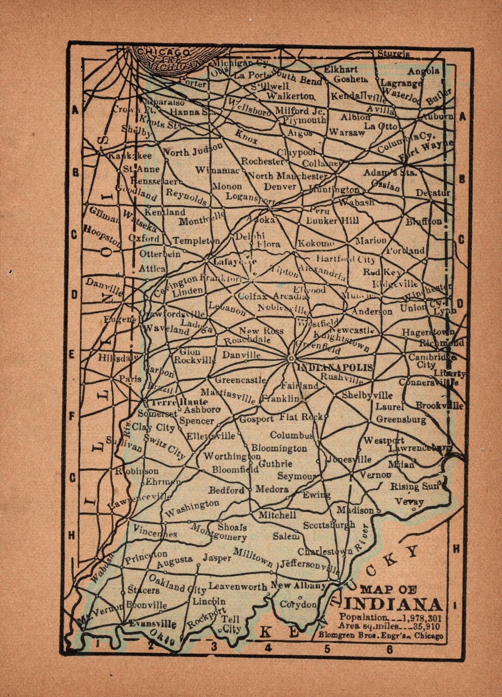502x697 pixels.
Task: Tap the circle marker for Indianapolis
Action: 291,358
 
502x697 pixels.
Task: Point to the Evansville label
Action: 153,625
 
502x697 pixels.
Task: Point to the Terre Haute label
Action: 179,402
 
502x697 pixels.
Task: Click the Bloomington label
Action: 279,448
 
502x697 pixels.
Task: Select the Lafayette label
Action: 235,262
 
